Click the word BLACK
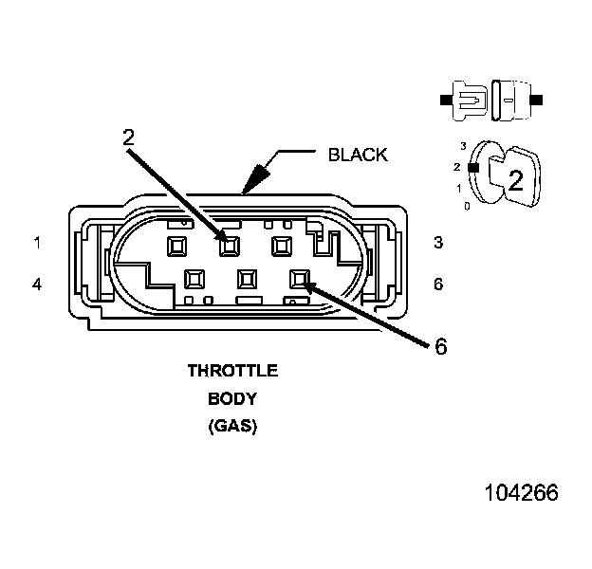click(358, 155)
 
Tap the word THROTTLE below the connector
click(232, 370)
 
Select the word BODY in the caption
click(232, 398)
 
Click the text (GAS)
click(232, 427)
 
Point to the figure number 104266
click(521, 493)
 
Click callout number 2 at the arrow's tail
click(129, 136)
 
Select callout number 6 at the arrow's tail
click(440, 346)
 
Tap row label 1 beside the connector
click(37, 243)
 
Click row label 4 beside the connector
click(37, 283)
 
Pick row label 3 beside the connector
click(438, 243)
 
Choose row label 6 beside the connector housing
click(438, 283)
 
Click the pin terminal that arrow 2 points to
click(228, 246)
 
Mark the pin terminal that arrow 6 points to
click(301, 279)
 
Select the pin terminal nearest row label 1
click(176, 246)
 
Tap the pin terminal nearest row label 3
click(281, 246)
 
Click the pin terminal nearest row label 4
click(194, 279)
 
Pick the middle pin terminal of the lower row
click(248, 279)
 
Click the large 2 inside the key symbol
click(515, 180)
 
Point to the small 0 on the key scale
click(467, 205)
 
